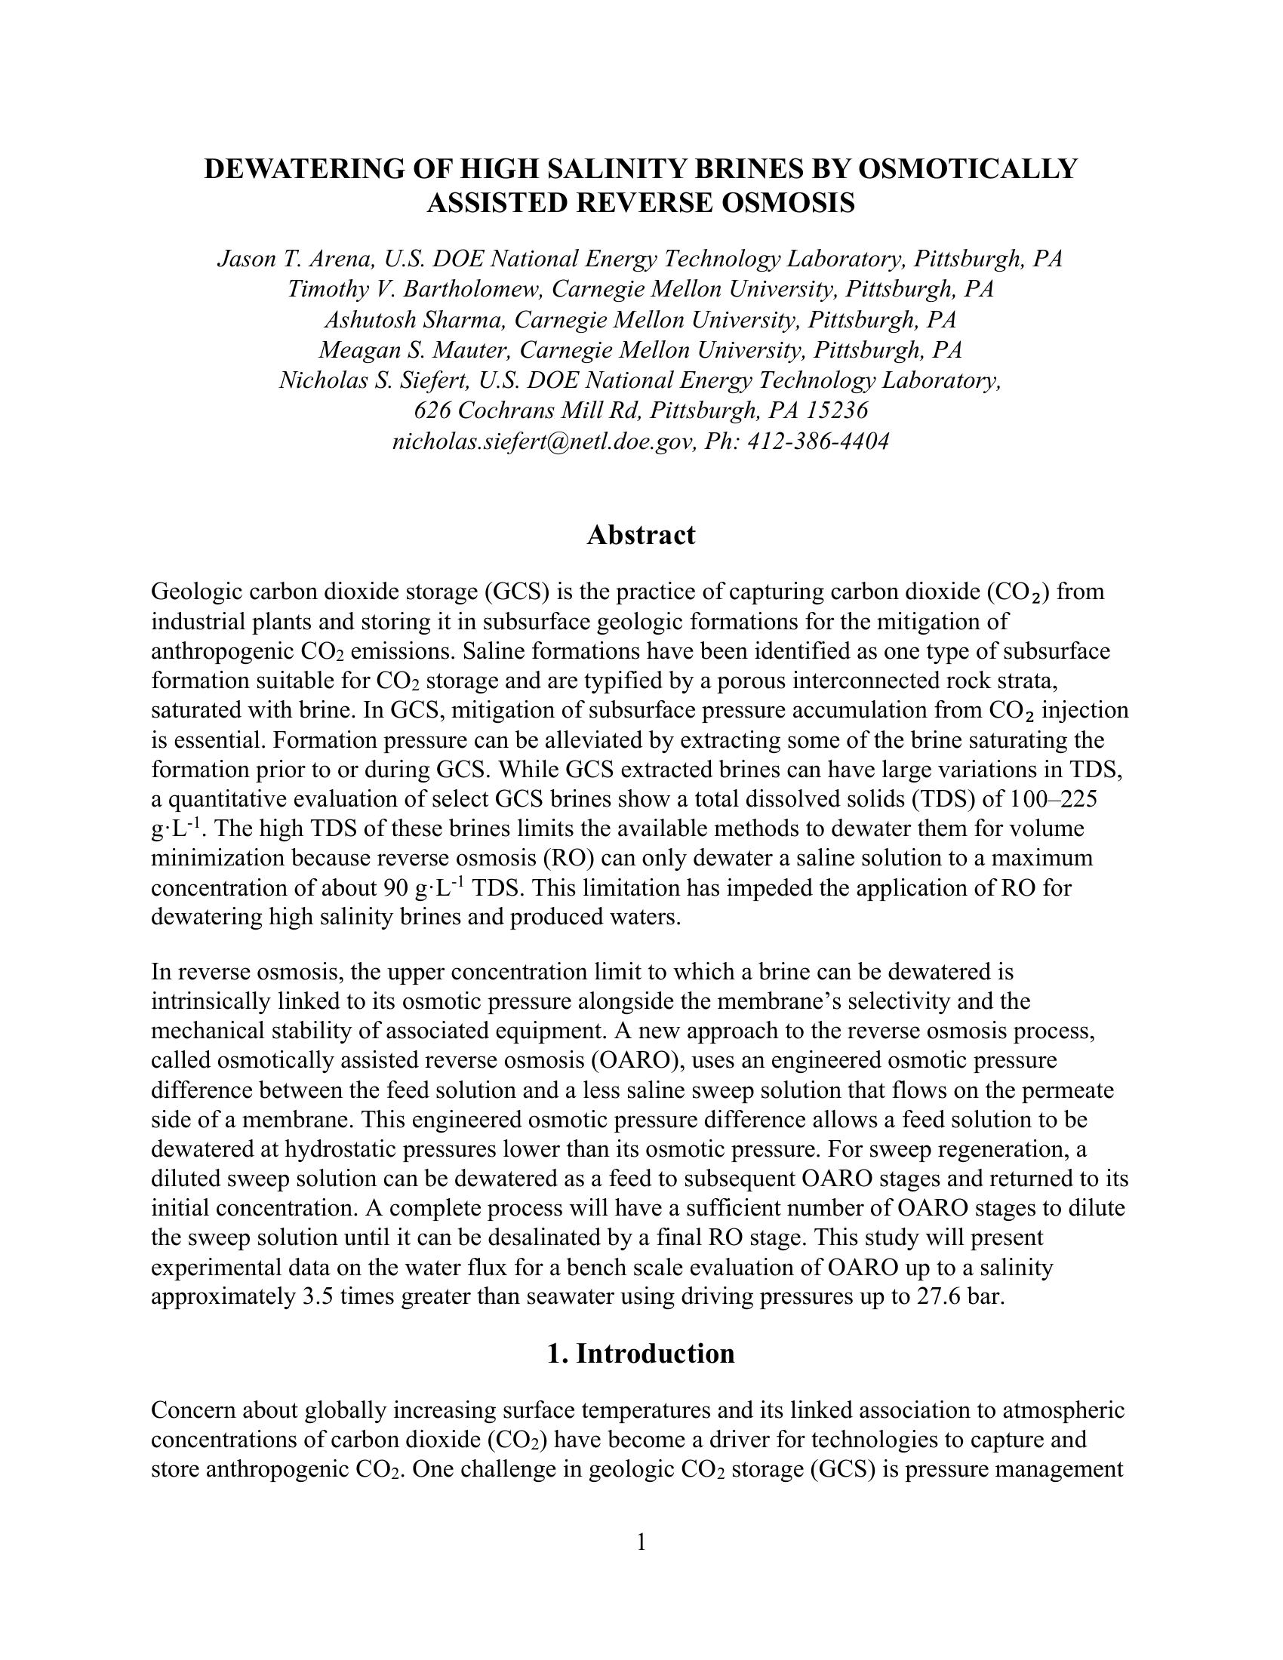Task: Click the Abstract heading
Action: click(x=641, y=535)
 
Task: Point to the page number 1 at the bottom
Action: click(x=641, y=1542)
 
